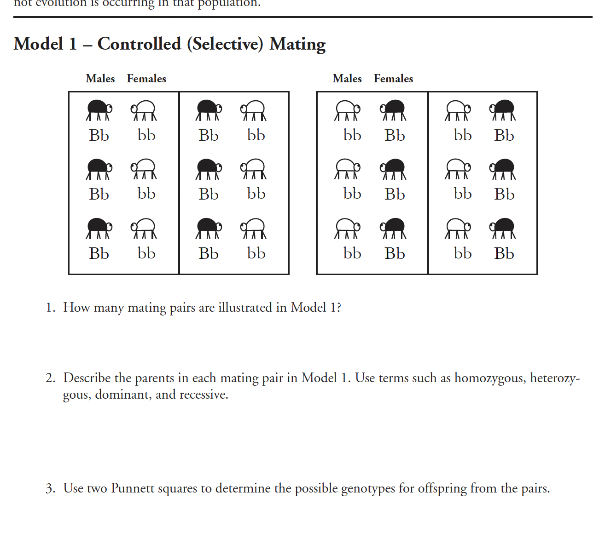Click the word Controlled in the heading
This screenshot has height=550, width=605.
coord(139,44)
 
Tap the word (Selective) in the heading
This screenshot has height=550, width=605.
coord(225,44)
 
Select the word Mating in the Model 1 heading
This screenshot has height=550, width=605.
coord(297,44)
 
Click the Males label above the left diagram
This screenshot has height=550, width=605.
coord(100,79)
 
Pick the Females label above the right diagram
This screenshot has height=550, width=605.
coord(393,79)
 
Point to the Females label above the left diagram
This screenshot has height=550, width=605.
coord(146,79)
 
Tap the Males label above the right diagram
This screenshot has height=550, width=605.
coord(347,79)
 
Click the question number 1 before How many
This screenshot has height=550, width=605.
coord(50,308)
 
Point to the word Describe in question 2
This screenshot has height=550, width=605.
coord(87,378)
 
